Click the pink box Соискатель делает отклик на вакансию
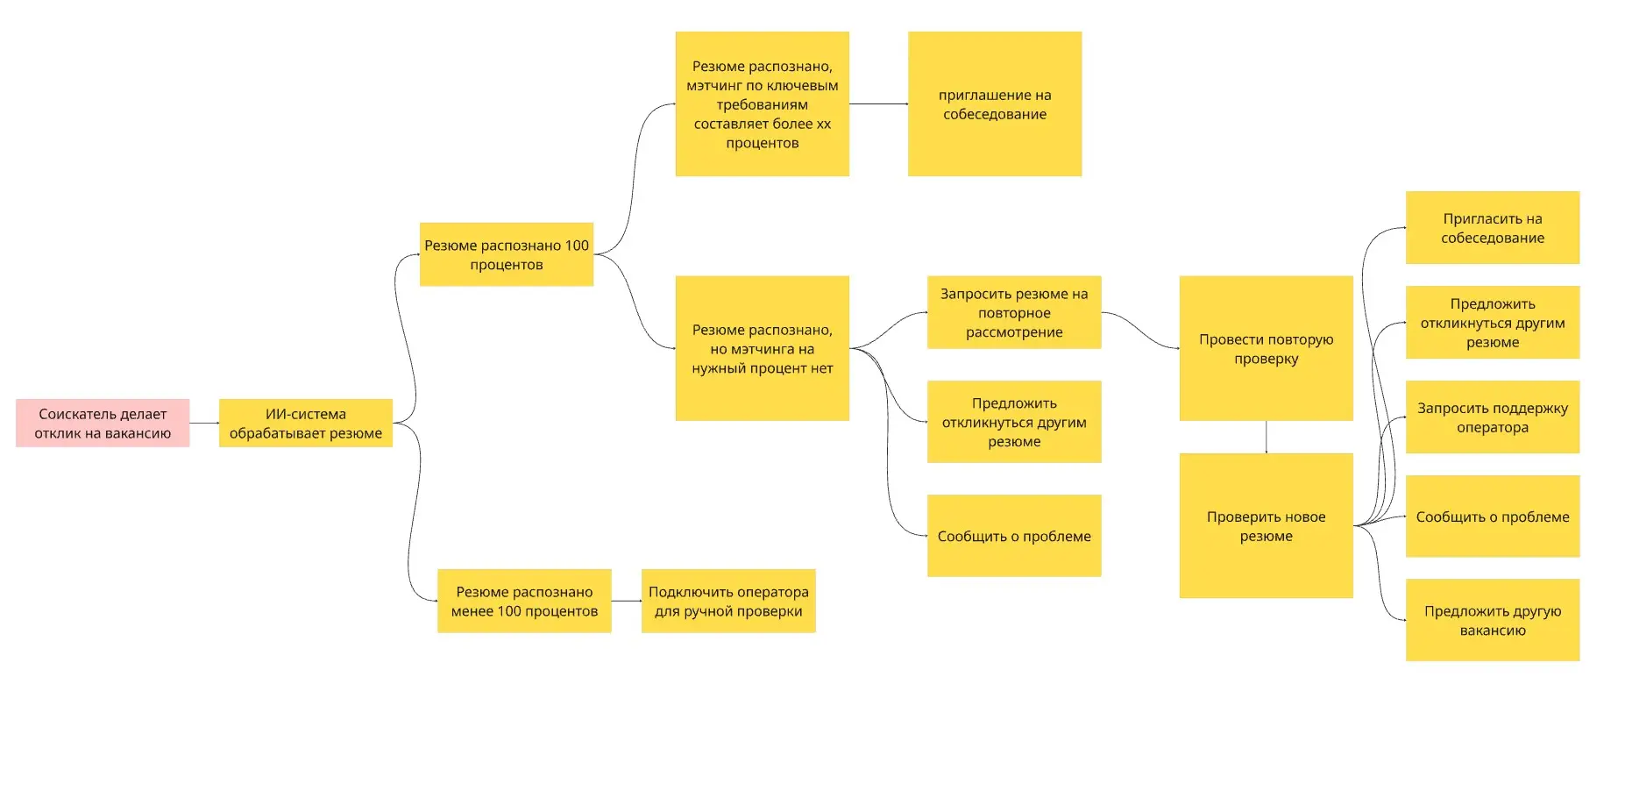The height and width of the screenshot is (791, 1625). (103, 423)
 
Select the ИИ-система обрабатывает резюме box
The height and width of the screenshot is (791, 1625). (306, 423)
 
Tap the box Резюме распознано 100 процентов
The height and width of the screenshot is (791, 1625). (507, 254)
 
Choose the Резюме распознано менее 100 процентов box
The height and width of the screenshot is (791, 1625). (524, 601)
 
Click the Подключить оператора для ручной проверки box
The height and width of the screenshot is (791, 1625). (728, 601)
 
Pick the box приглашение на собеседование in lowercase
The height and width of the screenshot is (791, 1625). (995, 103)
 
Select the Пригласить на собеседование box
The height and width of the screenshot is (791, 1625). (1493, 227)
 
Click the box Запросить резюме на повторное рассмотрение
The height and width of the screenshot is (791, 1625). (1014, 312)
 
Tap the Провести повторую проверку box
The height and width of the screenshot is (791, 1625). (1267, 348)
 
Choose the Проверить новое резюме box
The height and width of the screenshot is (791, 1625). (1267, 525)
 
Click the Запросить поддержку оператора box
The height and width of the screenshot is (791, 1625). (1493, 417)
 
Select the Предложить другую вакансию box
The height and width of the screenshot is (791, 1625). (1493, 620)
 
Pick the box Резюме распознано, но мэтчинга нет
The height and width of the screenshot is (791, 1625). (763, 348)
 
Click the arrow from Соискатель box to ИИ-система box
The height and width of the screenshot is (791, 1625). (204, 423)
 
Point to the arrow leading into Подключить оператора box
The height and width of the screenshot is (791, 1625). (627, 601)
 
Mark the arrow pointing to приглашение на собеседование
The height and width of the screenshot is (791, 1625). (878, 103)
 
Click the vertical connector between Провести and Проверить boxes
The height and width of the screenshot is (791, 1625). (1267, 437)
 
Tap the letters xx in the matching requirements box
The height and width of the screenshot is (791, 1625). (824, 124)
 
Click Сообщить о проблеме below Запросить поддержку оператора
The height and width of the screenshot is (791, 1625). (1493, 517)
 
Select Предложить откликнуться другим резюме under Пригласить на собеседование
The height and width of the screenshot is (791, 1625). (1493, 322)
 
